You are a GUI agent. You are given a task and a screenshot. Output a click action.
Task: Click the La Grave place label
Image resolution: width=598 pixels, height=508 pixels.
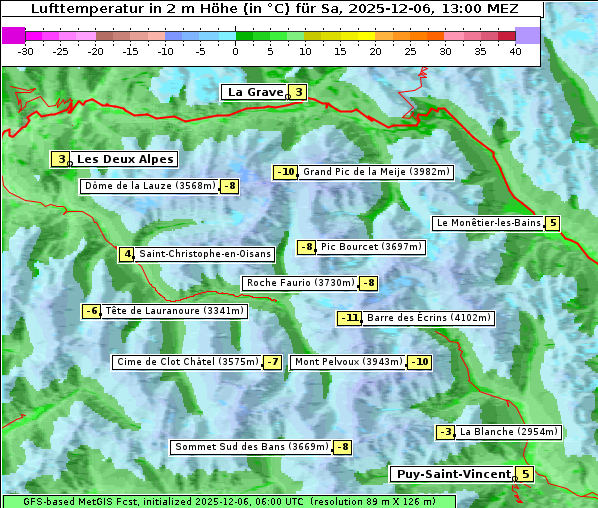(x=254, y=92)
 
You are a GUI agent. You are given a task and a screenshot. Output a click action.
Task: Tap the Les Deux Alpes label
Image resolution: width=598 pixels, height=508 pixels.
(x=125, y=159)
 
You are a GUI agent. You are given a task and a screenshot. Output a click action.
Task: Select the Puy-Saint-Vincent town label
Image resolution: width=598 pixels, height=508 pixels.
(x=452, y=474)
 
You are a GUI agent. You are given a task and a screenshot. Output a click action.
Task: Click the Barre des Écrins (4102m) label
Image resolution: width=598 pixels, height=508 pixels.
(x=428, y=318)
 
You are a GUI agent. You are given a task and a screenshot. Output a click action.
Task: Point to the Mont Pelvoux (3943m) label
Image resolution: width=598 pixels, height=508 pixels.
(x=348, y=362)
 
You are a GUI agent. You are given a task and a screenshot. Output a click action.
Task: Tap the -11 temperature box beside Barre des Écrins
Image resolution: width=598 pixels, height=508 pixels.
(x=349, y=318)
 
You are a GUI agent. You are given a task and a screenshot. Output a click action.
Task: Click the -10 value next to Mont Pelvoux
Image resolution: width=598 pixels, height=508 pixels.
(x=419, y=362)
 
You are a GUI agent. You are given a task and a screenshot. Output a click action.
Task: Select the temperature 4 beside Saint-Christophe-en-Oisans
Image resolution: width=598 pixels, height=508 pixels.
(x=126, y=254)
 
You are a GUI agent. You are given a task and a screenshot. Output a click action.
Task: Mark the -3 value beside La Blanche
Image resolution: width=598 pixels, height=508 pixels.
(x=446, y=432)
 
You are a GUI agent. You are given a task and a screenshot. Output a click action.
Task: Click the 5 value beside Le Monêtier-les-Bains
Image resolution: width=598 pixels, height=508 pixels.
(x=552, y=223)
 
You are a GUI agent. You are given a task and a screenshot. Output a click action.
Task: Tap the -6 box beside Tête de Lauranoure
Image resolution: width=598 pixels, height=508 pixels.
(x=92, y=311)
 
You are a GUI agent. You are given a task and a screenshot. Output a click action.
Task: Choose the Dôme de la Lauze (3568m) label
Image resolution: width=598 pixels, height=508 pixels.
(x=150, y=186)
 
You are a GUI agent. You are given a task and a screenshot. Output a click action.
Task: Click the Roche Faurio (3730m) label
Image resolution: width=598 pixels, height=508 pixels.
(x=300, y=283)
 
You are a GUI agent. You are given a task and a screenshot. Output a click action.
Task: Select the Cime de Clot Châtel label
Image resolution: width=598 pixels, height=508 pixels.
(x=187, y=362)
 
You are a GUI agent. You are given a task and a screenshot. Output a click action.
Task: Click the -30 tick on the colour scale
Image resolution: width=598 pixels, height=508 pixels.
(x=26, y=50)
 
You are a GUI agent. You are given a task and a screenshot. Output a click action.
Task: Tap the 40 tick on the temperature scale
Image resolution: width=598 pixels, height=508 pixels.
(x=515, y=50)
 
